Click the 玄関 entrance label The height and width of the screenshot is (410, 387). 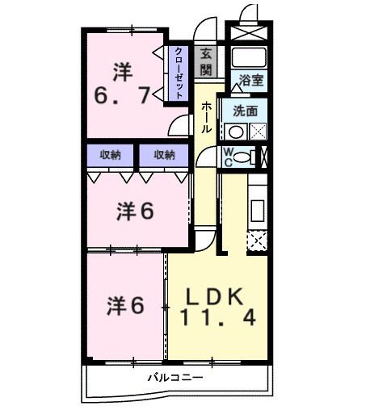(206, 61)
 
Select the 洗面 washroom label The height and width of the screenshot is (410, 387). (245, 111)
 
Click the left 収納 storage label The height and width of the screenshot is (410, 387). (111, 154)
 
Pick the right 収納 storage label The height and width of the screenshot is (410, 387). (164, 154)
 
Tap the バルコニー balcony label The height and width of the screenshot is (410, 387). (175, 377)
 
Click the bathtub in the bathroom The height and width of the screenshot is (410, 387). (249, 57)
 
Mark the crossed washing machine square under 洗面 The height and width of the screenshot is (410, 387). (258, 131)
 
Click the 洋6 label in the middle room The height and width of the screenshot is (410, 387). (134, 211)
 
